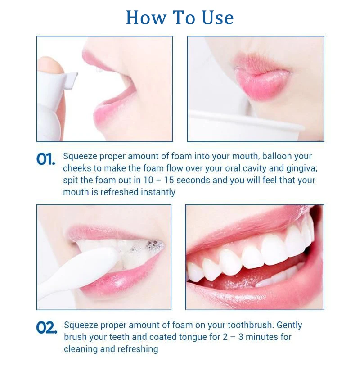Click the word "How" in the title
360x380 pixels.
point(146,18)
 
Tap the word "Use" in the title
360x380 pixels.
point(217,18)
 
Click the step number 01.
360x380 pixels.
point(46,159)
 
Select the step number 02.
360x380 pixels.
point(47,328)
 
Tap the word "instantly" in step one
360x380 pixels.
point(158,192)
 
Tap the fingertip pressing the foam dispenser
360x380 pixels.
point(49,65)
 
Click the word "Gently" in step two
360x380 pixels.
point(289,326)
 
